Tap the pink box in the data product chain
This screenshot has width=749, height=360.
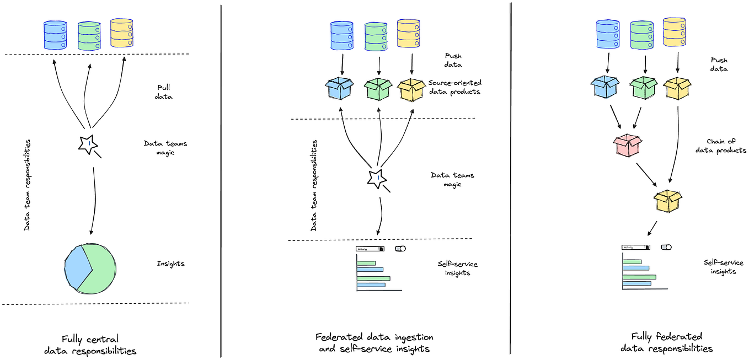[628, 145]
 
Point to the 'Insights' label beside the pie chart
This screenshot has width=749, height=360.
[171, 264]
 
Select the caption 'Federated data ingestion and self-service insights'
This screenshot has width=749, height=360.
[374, 342]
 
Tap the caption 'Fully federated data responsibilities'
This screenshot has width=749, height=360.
[666, 342]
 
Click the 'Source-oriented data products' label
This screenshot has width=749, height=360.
[454, 87]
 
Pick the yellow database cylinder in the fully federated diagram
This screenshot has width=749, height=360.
[674, 32]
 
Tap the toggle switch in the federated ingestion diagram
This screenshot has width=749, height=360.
[400, 249]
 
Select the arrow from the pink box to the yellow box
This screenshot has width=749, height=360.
[647, 175]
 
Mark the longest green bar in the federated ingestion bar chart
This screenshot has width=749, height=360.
[373, 278]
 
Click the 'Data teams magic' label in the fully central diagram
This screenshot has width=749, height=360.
[165, 148]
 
